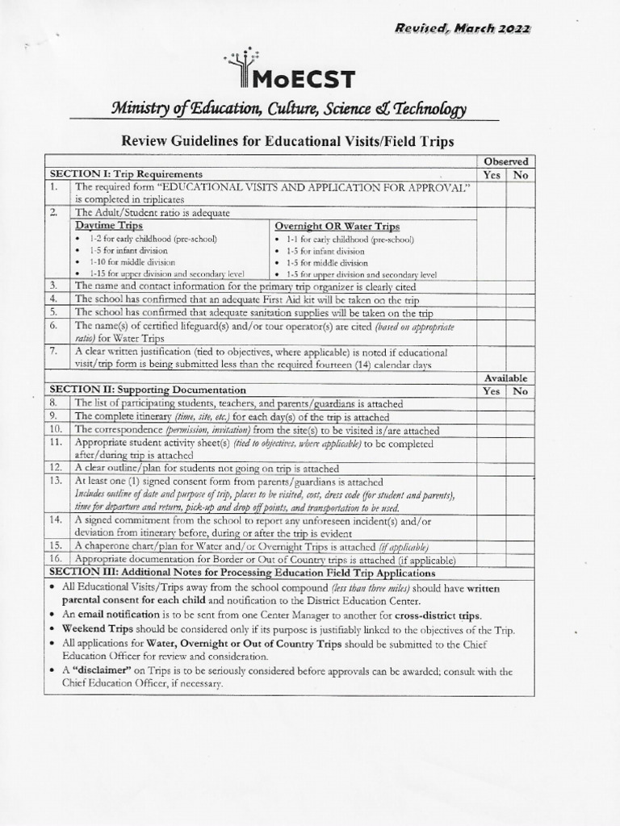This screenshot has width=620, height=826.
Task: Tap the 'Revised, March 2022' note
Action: [462, 28]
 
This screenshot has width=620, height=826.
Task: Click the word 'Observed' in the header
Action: [505, 161]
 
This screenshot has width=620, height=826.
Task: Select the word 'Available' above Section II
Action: [505, 378]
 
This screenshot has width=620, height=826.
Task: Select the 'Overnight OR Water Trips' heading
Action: [337, 226]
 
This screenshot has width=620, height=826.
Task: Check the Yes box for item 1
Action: [492, 193]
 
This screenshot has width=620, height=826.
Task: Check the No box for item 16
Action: [519, 559]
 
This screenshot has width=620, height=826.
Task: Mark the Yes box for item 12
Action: [492, 468]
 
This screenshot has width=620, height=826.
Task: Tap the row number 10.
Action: [54, 429]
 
